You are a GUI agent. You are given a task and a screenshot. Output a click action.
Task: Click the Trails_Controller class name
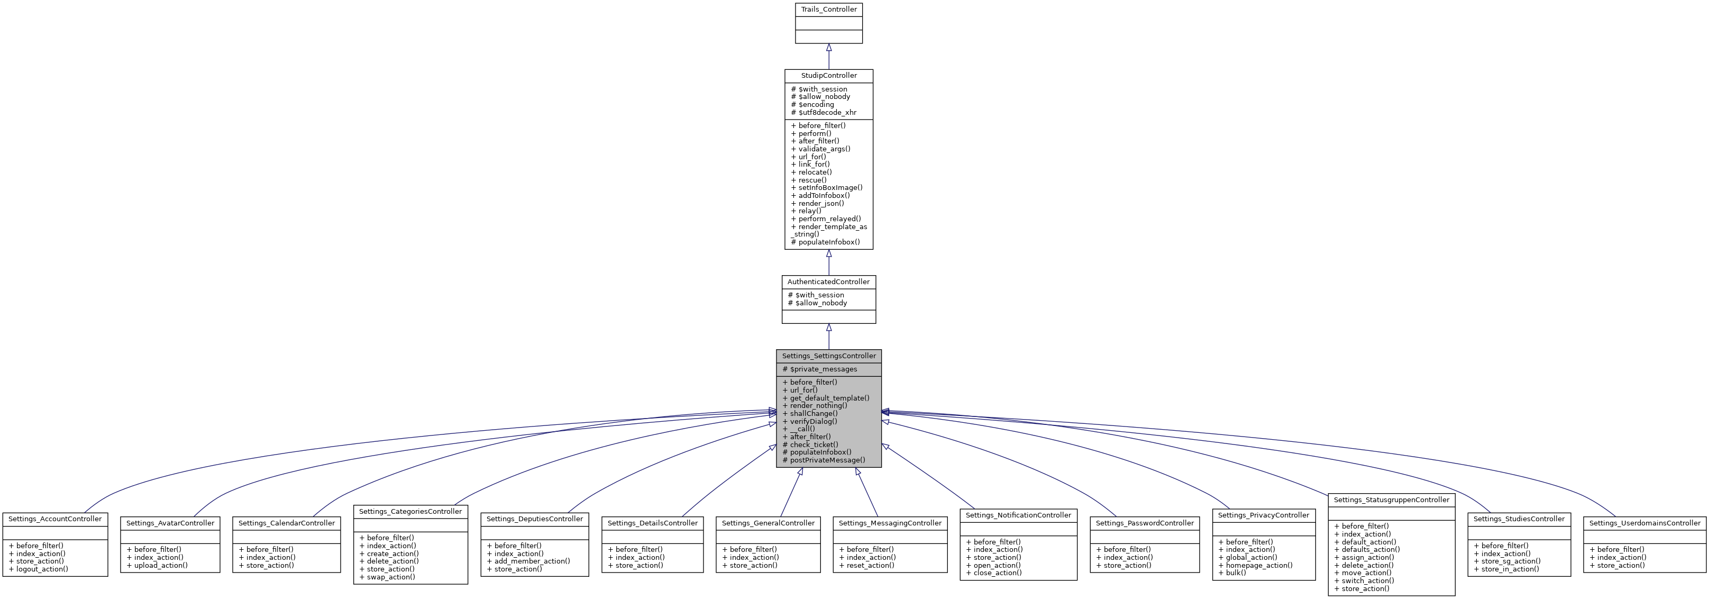[x=829, y=10]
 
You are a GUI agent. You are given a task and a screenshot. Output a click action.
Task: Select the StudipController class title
[x=829, y=76]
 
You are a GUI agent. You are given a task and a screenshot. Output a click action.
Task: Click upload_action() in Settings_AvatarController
[x=161, y=565]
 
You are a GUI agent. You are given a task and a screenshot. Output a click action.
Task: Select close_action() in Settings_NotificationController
[x=997, y=573]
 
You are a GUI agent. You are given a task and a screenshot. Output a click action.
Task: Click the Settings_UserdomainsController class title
[x=1644, y=523]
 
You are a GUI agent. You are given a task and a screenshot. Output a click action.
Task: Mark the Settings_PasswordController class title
[x=1145, y=523]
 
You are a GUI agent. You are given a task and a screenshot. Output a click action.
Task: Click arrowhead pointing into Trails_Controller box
[x=829, y=48]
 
